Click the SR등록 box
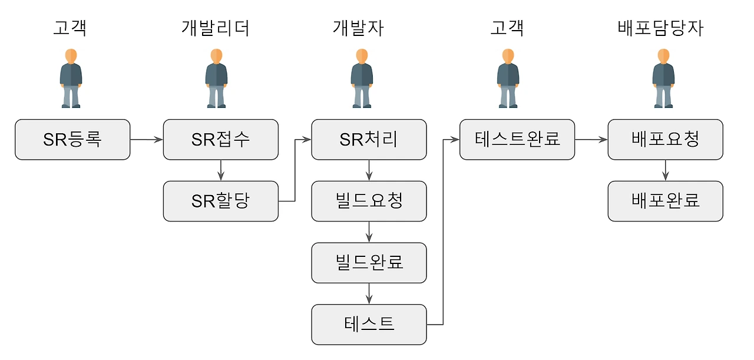[x=72, y=140]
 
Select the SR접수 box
[x=221, y=140]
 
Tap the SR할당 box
[x=221, y=201]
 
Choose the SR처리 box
[x=369, y=140]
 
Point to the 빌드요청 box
[x=369, y=201]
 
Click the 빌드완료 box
[x=369, y=263]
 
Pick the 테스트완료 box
[x=517, y=140]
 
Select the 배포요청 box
[x=666, y=140]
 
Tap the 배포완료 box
[x=666, y=201]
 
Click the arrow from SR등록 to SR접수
[x=147, y=140]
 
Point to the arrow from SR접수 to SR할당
[x=221, y=170]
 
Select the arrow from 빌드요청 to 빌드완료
[x=369, y=232]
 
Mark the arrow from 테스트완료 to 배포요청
[x=591, y=140]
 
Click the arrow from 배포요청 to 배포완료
[x=666, y=170]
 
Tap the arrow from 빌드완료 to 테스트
[x=369, y=293]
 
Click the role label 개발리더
[x=216, y=28]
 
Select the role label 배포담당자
[x=660, y=28]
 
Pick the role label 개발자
[x=358, y=28]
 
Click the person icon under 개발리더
[x=216, y=78]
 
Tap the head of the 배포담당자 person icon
[x=663, y=56]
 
